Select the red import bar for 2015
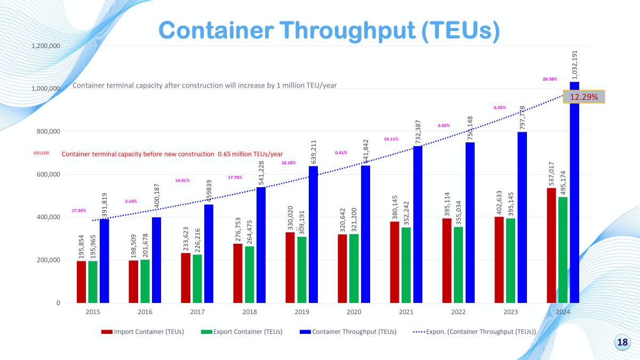coord(81,282)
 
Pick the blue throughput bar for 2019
coord(313,235)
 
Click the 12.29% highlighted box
coord(584,97)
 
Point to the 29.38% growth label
coord(549,79)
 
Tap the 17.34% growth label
coord(78,210)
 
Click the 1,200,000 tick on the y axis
coord(45,46)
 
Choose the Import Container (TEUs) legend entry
coord(142,332)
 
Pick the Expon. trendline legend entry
coord(475,332)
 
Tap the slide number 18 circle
coord(622,342)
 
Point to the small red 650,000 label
coord(41,153)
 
